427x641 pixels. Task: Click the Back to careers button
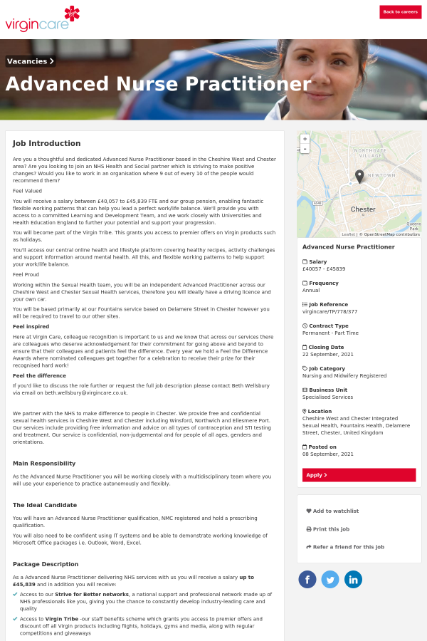(400, 11)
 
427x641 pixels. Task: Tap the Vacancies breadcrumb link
(31, 61)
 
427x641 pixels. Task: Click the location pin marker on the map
(359, 176)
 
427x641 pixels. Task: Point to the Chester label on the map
(363, 209)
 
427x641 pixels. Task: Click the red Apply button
(359, 475)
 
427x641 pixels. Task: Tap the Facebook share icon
(307, 579)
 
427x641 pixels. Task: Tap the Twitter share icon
(330, 579)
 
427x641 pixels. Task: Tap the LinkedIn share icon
(353, 579)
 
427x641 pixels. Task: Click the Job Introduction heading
(46, 143)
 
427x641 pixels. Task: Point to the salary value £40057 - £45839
(324, 269)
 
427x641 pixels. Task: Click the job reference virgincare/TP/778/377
(330, 311)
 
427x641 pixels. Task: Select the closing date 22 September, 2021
(328, 354)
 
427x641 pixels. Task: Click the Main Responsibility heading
(44, 464)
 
